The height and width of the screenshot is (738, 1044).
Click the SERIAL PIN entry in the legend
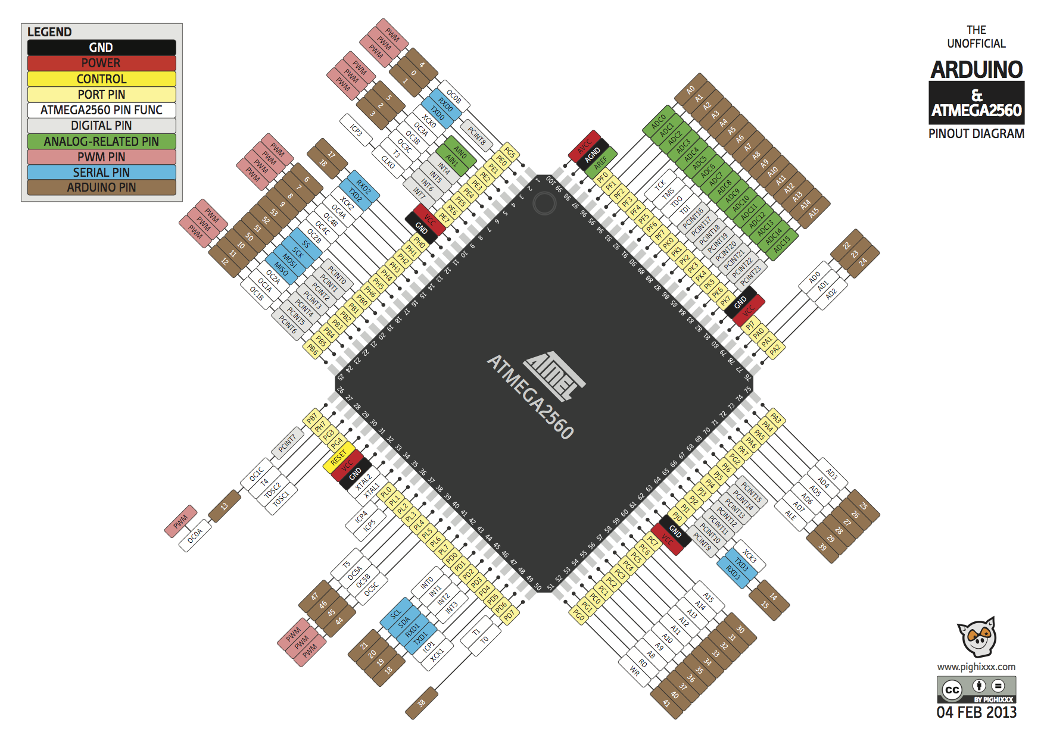point(101,172)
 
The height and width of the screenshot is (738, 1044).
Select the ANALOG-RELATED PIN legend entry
point(101,141)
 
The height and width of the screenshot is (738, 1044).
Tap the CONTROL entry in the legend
point(101,79)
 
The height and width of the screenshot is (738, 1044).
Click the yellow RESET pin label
point(338,458)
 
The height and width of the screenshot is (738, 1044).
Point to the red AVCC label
point(584,145)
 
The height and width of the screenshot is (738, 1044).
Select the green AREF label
point(601,162)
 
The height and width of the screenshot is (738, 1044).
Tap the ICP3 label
point(356,130)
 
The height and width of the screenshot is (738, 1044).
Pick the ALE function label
point(790,515)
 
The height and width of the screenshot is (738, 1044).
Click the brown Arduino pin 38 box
point(422,703)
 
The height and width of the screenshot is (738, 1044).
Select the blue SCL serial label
point(396,614)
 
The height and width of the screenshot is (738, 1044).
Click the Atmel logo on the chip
point(554,375)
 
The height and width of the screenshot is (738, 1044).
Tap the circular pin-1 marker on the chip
point(544,204)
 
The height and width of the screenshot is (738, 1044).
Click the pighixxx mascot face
point(977,637)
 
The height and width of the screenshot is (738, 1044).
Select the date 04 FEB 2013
point(976,712)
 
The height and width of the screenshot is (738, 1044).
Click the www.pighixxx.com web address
point(976,667)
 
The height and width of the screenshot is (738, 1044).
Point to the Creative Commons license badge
point(976,689)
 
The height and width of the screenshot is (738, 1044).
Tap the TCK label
point(660,185)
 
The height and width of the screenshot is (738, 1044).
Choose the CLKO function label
point(388,162)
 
